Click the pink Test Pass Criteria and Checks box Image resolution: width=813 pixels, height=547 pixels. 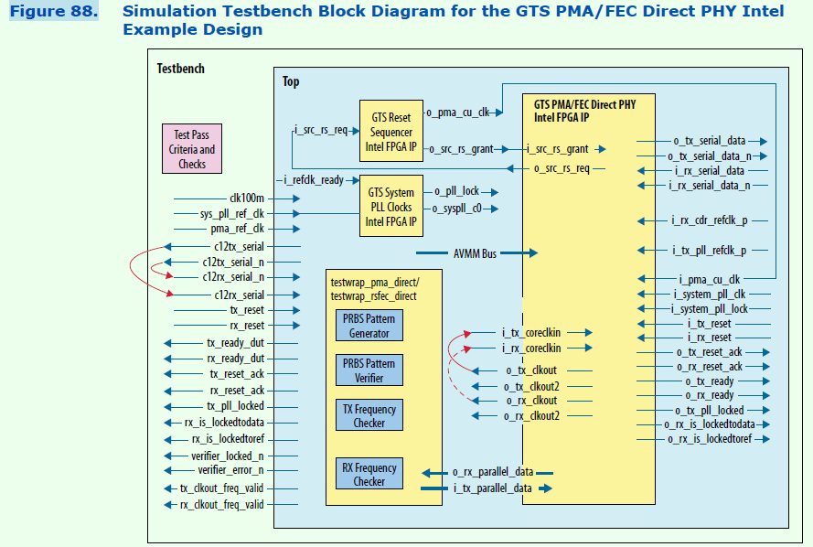192,149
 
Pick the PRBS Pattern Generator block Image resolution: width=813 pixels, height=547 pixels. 369,326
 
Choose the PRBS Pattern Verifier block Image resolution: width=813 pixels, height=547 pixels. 369,370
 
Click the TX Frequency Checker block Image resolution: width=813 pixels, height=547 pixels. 369,415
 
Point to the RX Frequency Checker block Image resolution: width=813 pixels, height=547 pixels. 369,474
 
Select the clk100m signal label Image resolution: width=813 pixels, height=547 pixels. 246,198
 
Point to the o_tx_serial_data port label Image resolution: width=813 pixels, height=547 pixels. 709,141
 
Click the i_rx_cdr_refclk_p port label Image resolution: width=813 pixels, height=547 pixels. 708,220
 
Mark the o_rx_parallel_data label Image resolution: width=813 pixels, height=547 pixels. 493,472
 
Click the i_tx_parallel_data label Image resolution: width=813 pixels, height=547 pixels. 493,488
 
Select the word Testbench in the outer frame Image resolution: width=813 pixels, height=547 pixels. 181,70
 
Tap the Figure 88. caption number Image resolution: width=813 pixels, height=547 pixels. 53,12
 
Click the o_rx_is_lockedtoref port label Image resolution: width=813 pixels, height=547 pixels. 710,439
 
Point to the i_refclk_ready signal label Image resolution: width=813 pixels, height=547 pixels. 314,180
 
